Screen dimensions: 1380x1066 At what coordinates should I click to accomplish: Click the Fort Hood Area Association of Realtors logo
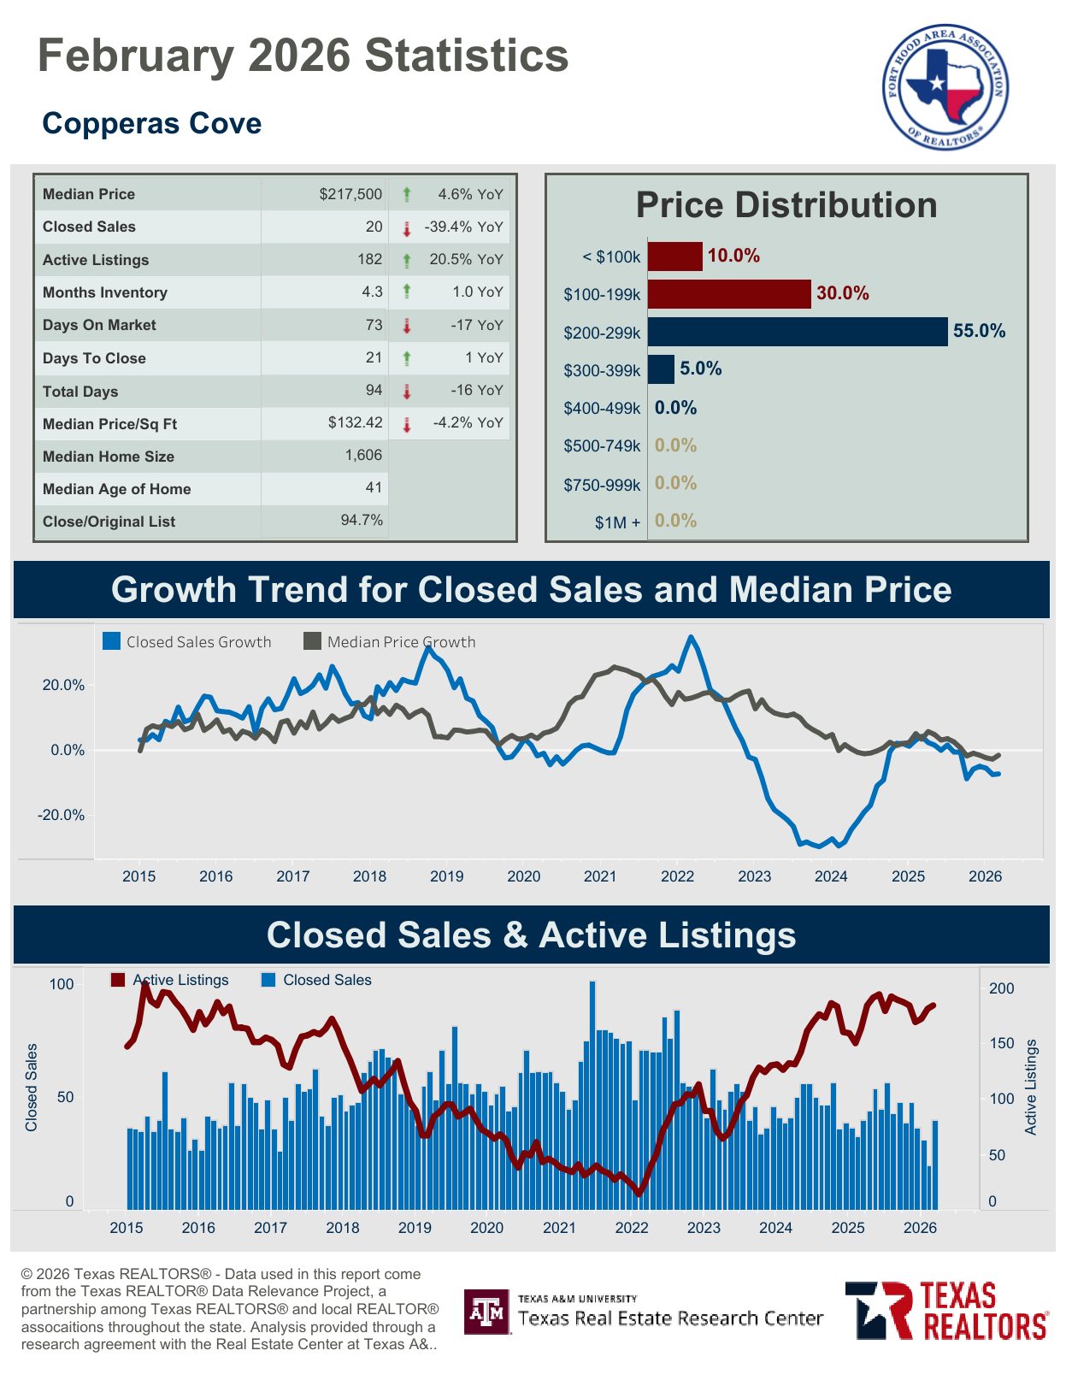945,86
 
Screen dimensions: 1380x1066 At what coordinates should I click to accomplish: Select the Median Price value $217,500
350,194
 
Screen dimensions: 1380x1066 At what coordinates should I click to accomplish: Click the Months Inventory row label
105,292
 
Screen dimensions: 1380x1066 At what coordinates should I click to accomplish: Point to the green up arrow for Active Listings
407,260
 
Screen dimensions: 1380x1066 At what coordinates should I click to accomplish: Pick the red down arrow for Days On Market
407,326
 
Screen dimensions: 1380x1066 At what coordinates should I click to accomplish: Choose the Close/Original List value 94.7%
362,520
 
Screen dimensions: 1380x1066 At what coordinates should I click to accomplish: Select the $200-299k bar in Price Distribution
797,332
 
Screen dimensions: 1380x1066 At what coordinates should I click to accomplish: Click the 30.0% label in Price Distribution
842,293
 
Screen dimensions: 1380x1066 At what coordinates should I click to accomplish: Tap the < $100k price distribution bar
674,257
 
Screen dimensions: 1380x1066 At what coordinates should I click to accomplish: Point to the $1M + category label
617,522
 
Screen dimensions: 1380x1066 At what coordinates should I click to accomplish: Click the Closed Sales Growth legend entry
187,642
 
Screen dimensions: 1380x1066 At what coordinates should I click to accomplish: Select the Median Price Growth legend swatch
313,641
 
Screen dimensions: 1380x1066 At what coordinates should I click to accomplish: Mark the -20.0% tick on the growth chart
61,815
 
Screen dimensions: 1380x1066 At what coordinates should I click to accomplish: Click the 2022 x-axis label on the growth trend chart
677,876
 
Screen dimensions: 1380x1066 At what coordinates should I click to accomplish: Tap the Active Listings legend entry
170,980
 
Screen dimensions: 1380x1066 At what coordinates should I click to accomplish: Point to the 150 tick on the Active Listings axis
1001,1043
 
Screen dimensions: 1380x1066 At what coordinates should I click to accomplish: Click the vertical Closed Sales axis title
32,1087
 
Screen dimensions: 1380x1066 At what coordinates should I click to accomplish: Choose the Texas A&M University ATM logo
486,1312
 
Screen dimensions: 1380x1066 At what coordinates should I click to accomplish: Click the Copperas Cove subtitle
151,123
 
